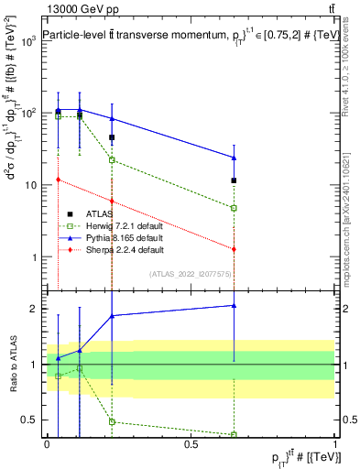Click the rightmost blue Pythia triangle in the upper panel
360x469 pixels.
click(235, 158)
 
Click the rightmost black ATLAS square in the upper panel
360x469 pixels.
click(235, 180)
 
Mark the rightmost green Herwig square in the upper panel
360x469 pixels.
click(235, 208)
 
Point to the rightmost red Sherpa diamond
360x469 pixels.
click(235, 249)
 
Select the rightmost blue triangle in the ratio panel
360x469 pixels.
click(235, 305)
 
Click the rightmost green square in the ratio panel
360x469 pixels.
click(235, 434)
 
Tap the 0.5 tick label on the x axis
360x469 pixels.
click(191, 444)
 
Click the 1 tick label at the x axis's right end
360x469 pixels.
click(335, 444)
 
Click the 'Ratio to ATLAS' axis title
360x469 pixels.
click(13, 365)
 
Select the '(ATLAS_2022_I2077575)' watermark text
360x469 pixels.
click(190, 274)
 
